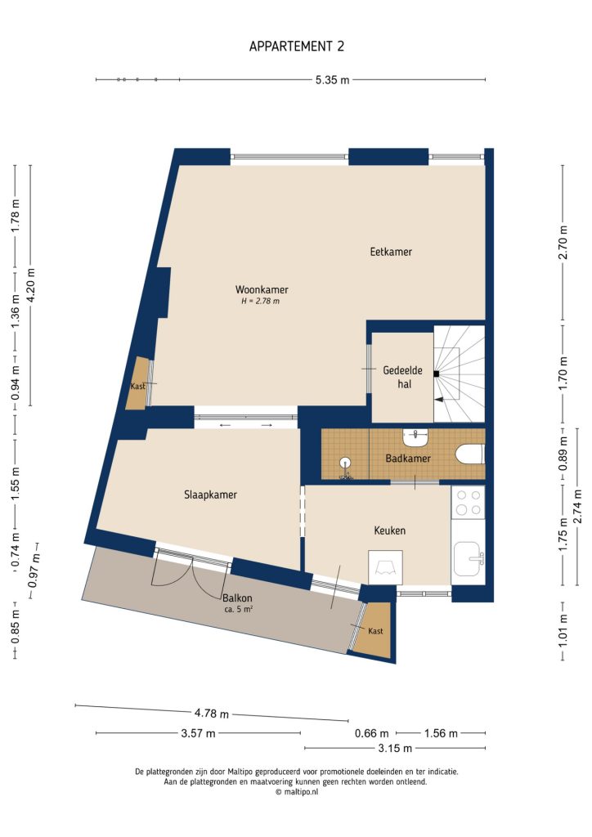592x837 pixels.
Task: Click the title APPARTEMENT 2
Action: pos(296,47)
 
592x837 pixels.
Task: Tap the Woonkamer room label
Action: pos(262,289)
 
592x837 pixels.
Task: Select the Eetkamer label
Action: pos(390,252)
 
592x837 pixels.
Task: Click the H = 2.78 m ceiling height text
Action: pos(260,302)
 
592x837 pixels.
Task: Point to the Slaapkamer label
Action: pos(210,495)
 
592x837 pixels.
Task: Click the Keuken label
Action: pos(389,530)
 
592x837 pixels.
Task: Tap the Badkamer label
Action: pos(407,459)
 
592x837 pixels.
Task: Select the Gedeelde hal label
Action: pos(402,377)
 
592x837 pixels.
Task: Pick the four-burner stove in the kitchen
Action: pos(468,502)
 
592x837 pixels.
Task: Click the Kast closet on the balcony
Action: pos(375,630)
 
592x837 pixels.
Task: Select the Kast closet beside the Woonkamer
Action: pos(137,385)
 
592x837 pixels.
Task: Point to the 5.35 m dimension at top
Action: pos(332,80)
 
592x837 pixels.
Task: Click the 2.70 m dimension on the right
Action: pos(563,242)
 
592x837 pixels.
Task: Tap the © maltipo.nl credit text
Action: pos(296,791)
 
